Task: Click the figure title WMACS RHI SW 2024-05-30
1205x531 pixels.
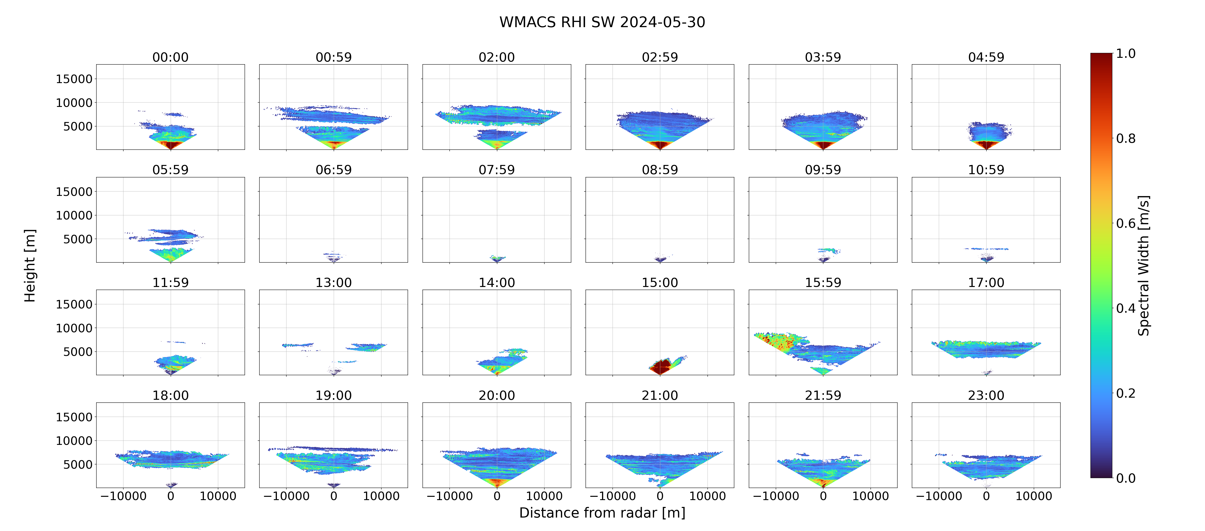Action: [602, 22]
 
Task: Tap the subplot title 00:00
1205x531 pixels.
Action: [170, 57]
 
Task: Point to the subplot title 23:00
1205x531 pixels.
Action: [986, 396]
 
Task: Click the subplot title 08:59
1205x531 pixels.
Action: [660, 170]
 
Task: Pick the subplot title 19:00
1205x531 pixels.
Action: [334, 396]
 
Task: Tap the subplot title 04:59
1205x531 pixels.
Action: [986, 57]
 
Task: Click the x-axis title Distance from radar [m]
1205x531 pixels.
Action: [602, 513]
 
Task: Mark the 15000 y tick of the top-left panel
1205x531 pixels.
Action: [74, 79]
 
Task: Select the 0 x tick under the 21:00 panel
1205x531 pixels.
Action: [660, 496]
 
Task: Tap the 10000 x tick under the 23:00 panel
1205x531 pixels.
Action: [1034, 496]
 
